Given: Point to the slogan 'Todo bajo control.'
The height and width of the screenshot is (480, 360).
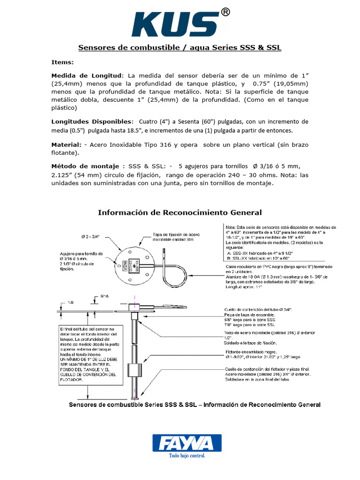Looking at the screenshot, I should click(187, 455).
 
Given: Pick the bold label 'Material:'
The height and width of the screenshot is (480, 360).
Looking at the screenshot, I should click(66, 145).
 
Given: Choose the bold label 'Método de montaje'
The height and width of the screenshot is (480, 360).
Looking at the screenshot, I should click(86, 167).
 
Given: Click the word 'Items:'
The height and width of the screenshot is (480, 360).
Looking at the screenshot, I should click(62, 62).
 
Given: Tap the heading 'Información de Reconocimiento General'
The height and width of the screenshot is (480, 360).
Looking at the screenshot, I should click(180, 212).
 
